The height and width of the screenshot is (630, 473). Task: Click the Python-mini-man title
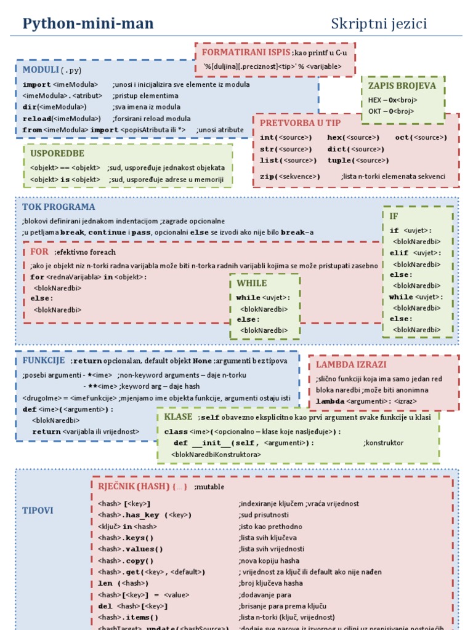(x=88, y=24)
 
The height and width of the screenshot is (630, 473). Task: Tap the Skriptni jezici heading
(x=379, y=24)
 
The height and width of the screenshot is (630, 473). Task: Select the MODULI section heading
(x=41, y=69)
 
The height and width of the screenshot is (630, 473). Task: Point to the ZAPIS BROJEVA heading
(x=402, y=86)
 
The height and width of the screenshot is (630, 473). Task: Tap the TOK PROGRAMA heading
(x=59, y=207)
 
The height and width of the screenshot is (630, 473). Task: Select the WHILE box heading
(x=252, y=283)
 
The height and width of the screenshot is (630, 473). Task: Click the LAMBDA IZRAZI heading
(x=351, y=364)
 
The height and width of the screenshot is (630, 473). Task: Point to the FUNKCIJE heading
(x=44, y=360)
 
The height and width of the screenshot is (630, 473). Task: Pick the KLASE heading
(x=178, y=417)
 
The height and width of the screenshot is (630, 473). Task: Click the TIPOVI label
(x=38, y=510)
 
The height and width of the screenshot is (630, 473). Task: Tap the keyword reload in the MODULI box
(x=36, y=119)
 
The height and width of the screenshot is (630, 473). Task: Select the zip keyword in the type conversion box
(x=266, y=177)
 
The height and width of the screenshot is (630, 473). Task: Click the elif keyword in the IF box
(x=399, y=253)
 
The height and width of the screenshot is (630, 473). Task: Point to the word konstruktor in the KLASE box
(x=384, y=443)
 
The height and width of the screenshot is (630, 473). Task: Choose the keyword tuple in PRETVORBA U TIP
(x=340, y=161)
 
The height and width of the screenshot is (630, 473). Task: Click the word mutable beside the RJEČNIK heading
(x=209, y=487)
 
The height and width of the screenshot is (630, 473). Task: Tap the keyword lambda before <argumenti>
(x=329, y=401)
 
